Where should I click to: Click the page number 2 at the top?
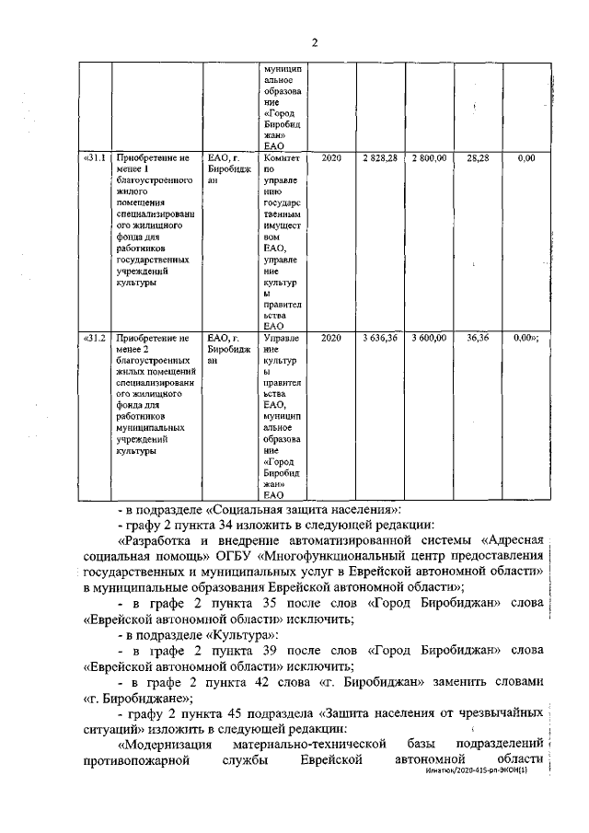click(x=314, y=41)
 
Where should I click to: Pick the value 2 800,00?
click(x=430, y=159)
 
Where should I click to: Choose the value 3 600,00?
click(x=430, y=339)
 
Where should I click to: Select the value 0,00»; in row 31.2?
click(x=527, y=339)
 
